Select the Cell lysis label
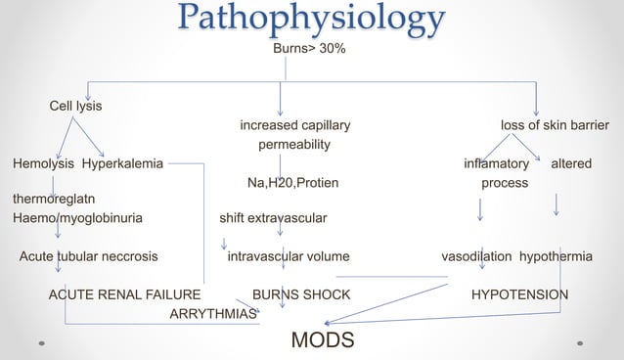pyautogui.click(x=76, y=105)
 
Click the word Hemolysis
pyautogui.click(x=43, y=162)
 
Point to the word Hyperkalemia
pyautogui.click(x=122, y=162)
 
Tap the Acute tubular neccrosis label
pyautogui.click(x=89, y=256)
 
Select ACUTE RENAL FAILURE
pyautogui.click(x=124, y=293)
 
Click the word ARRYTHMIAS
pyautogui.click(x=213, y=313)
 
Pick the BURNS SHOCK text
pyautogui.click(x=301, y=293)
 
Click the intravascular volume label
pyautogui.click(x=288, y=256)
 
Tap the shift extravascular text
pyautogui.click(x=273, y=218)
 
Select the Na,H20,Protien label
pyautogui.click(x=293, y=182)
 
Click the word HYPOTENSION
pyautogui.click(x=519, y=293)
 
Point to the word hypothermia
pyautogui.click(x=556, y=256)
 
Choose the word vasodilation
pyautogui.click(x=476, y=256)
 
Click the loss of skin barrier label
pyautogui.click(x=555, y=125)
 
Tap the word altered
pyautogui.click(x=571, y=162)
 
